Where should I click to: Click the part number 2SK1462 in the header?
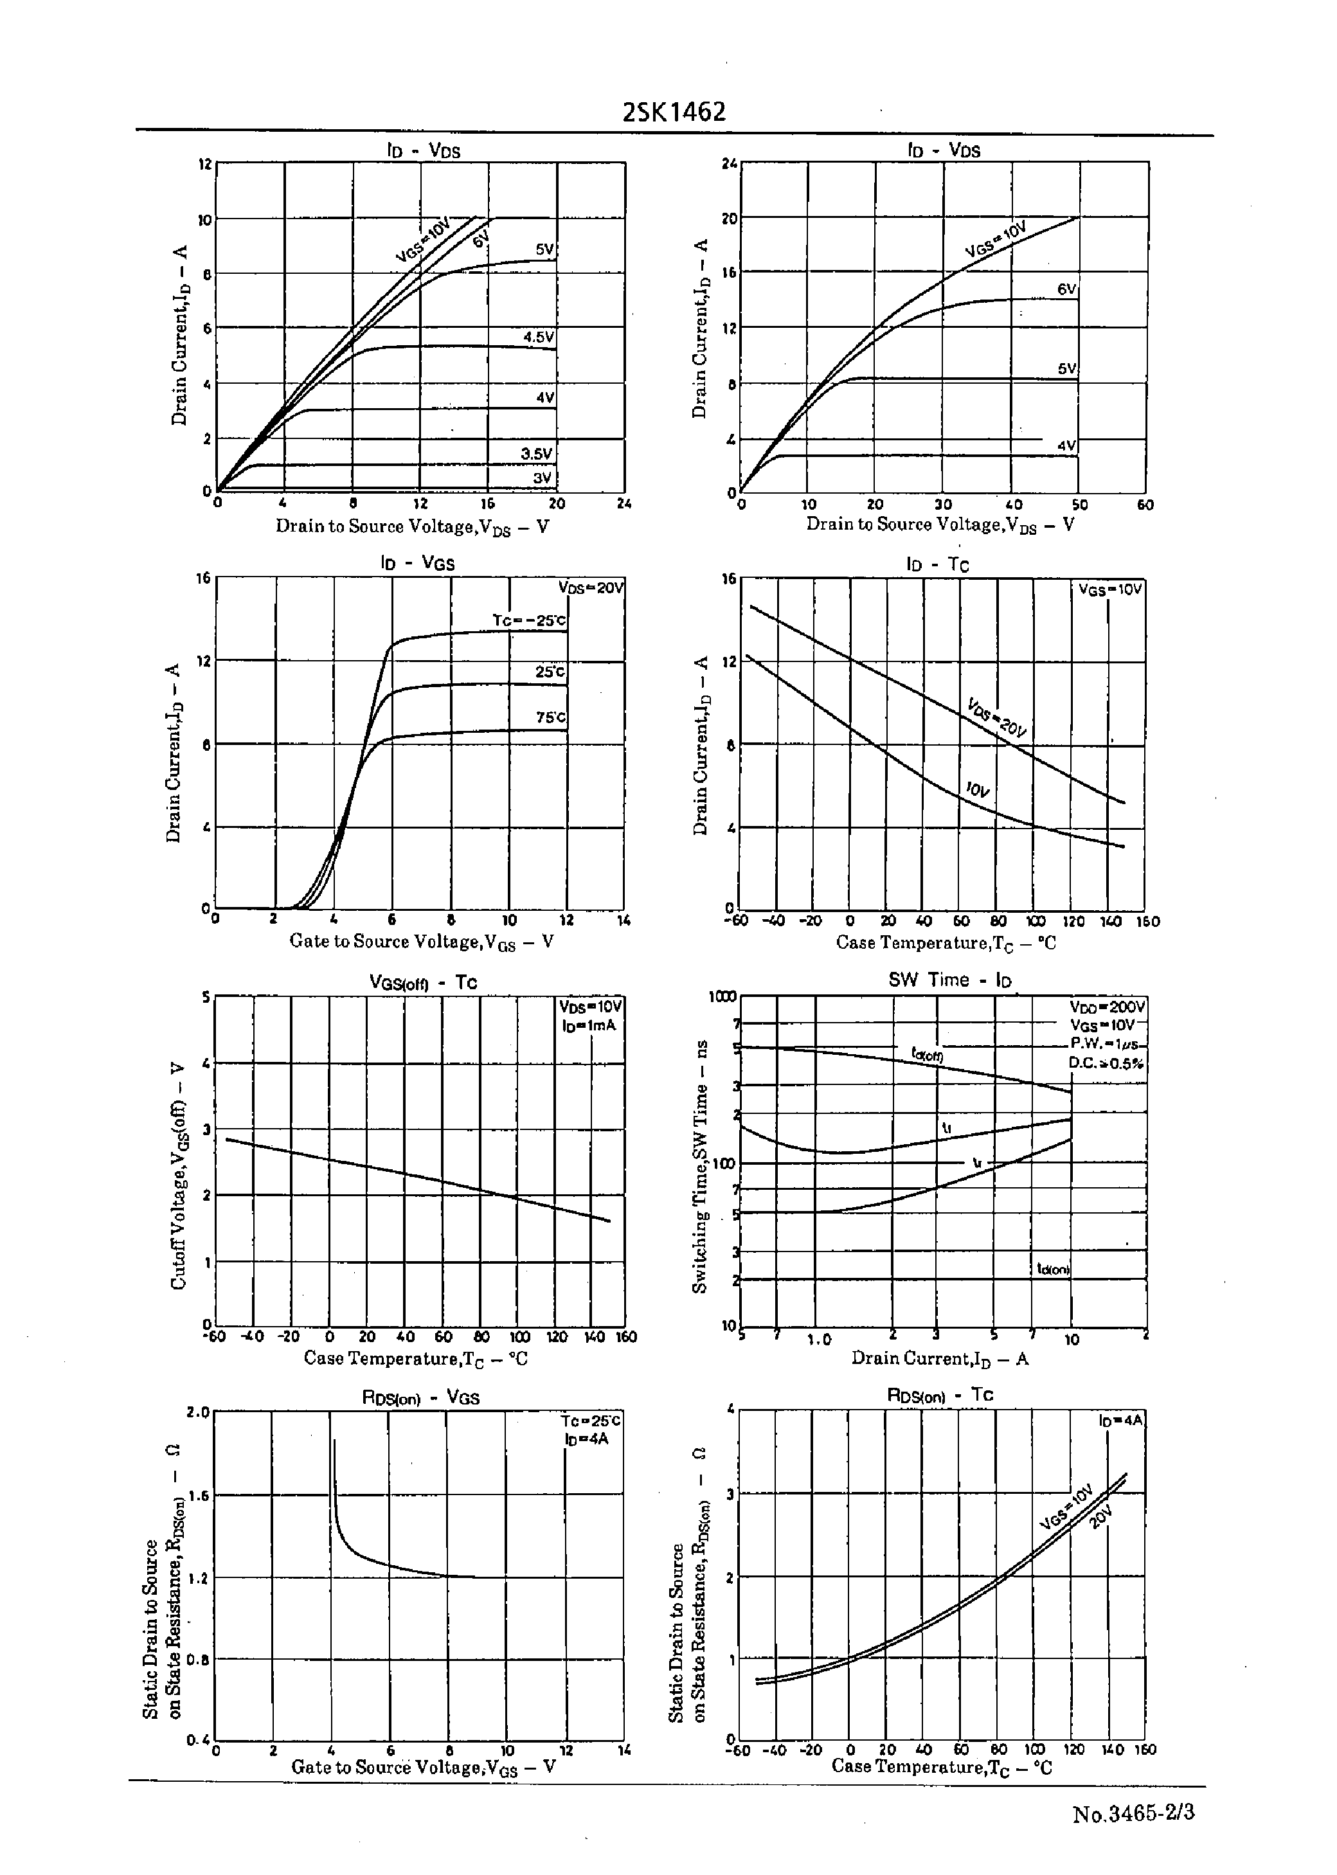click(674, 112)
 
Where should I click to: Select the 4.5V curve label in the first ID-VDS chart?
click(539, 337)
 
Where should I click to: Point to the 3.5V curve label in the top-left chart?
click(537, 454)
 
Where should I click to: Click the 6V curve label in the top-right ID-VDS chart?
click(1067, 290)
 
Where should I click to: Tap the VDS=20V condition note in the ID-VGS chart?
click(590, 588)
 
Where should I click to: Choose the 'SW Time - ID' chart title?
click(949, 980)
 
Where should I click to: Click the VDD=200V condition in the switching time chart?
click(1106, 1007)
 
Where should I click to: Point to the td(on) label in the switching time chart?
click(1053, 1269)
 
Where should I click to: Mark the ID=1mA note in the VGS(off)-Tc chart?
click(589, 1026)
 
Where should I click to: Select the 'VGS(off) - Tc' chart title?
click(422, 983)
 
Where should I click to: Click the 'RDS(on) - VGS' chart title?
click(420, 1397)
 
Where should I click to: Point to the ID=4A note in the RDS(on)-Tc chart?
click(1120, 1421)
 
